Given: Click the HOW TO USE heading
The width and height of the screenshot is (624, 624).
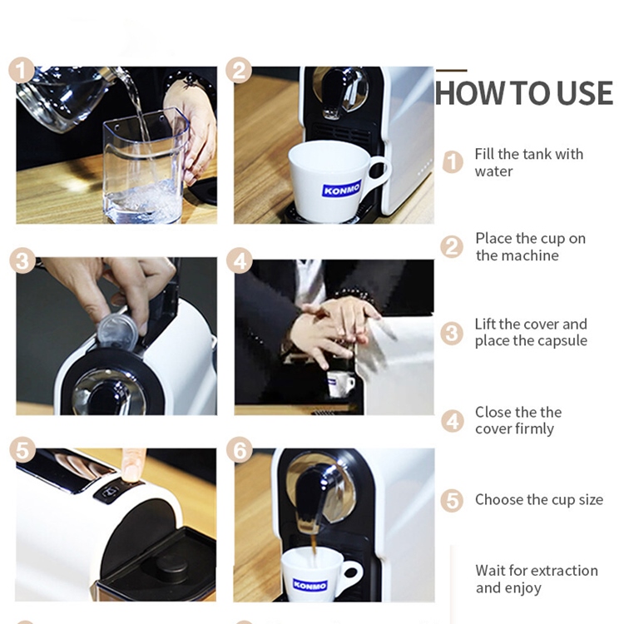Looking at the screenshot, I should click(x=523, y=93).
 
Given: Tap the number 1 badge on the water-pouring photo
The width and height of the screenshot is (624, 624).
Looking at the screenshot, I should click(x=22, y=70).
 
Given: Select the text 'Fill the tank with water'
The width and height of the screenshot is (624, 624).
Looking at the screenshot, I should click(x=528, y=162).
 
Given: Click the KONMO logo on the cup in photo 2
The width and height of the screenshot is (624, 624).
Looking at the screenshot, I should click(x=341, y=188).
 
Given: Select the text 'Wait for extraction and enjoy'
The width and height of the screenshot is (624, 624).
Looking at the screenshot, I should click(x=536, y=579).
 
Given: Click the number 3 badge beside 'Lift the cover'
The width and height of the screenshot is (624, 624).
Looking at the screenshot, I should click(x=452, y=334).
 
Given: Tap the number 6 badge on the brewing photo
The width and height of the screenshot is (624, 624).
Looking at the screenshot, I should click(x=240, y=451).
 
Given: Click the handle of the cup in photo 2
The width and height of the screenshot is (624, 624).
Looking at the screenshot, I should click(x=379, y=171).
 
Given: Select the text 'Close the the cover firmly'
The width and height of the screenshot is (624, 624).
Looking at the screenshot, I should click(x=518, y=420).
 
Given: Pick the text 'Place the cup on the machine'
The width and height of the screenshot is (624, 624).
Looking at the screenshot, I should click(x=530, y=247).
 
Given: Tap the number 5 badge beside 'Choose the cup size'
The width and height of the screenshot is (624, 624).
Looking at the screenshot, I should click(x=452, y=501).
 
